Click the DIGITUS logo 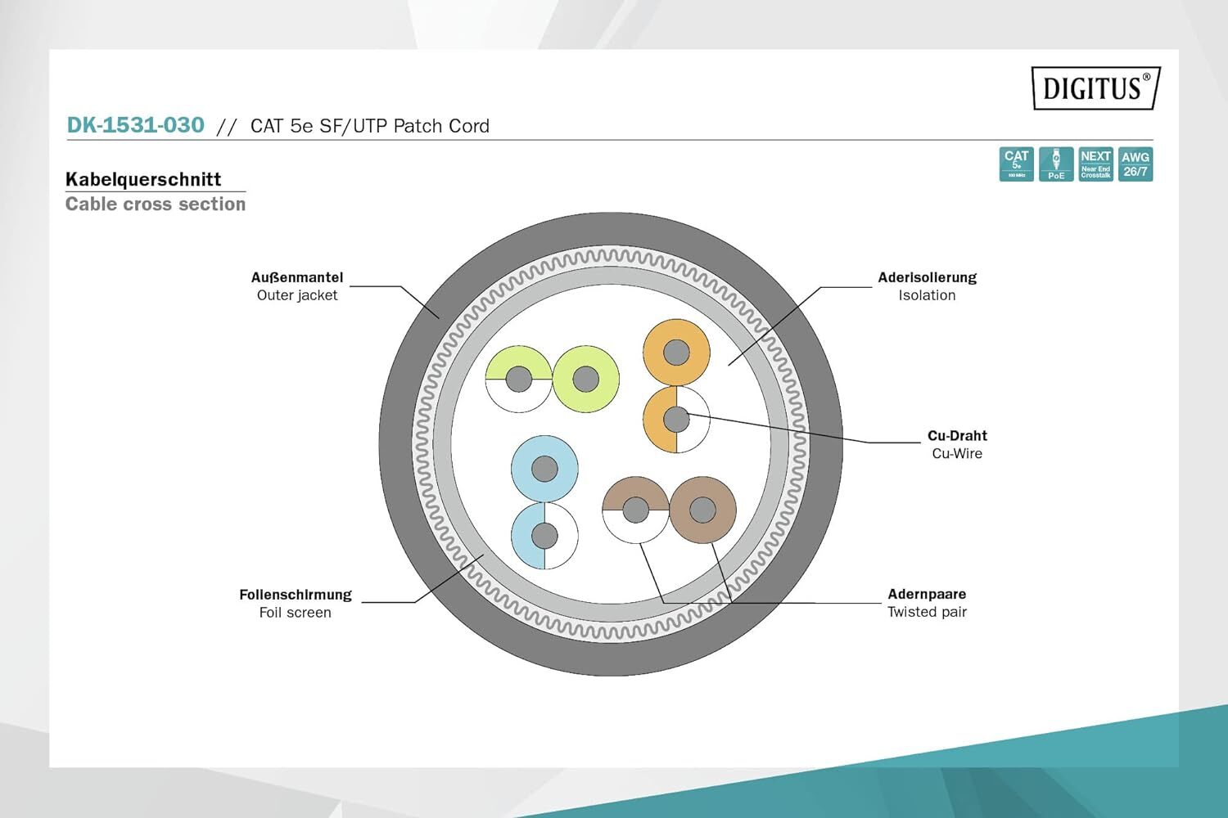1095,88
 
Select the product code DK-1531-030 136,125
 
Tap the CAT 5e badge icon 1016,164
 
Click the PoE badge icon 1056,164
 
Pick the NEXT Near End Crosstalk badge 1095,164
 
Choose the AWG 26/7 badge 1135,164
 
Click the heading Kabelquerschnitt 143,179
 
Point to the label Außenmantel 297,277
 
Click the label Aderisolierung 927,277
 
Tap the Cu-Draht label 957,435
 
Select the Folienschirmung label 296,595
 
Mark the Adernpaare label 927,594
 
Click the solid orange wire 676,353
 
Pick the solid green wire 585,380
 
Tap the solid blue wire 544,469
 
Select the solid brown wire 702,510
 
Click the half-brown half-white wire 635,510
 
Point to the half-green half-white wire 518,380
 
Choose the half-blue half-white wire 544,537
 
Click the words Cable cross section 156,204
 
